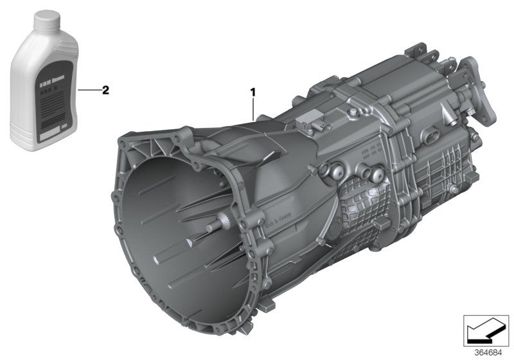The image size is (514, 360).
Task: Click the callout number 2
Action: (x=105, y=90)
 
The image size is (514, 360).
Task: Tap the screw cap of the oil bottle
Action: (x=44, y=22)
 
